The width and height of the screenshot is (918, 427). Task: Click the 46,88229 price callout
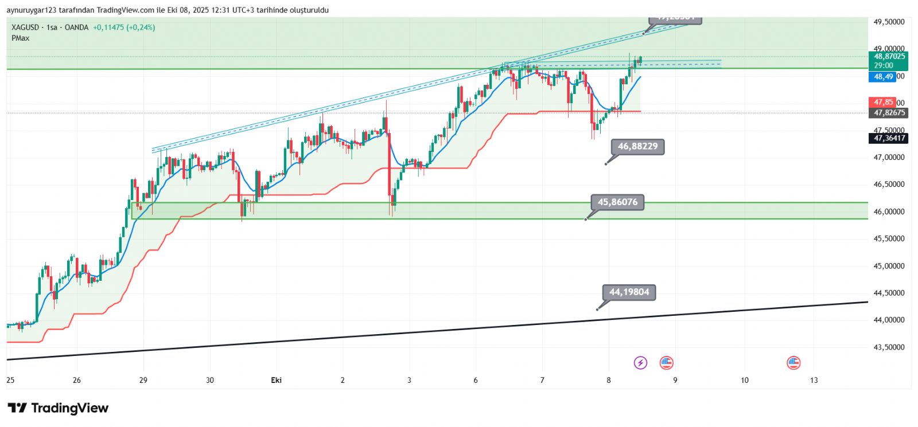(637, 147)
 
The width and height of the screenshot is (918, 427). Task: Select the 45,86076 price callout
(617, 202)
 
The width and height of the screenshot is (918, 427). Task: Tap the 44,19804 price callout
(629, 292)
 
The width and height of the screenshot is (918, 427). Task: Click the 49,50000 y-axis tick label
(889, 22)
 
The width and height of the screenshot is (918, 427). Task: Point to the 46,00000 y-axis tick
(889, 211)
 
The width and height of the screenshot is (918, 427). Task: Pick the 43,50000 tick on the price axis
(889, 347)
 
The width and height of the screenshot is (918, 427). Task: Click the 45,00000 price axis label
(889, 266)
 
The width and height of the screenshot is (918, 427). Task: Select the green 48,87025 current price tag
(889, 57)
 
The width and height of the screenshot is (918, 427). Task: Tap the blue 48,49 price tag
(883, 77)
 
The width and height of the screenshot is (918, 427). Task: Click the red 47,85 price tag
(883, 103)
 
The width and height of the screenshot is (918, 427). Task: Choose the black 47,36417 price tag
(889, 138)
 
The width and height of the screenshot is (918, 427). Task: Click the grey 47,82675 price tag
(889, 113)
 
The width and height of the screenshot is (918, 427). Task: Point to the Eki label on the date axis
(276, 380)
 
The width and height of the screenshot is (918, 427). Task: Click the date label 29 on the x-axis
(143, 380)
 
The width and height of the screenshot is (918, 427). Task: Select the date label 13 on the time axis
(814, 380)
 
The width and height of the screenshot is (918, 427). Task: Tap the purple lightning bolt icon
(640, 363)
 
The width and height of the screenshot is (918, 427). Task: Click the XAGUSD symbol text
(25, 28)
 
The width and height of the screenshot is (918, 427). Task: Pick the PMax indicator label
(20, 38)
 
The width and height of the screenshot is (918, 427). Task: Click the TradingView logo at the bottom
(58, 408)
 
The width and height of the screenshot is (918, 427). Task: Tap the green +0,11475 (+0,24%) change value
(124, 28)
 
